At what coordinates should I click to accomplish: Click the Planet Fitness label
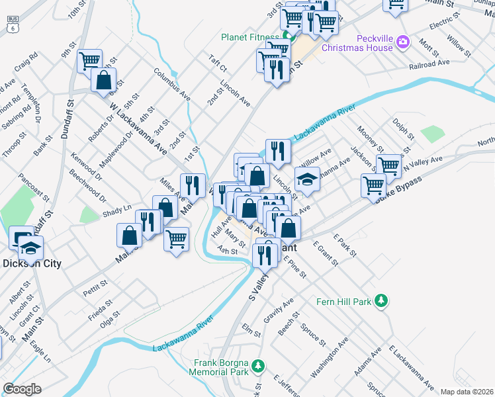249,36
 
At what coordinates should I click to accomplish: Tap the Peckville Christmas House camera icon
403,44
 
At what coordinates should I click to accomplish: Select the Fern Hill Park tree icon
381,302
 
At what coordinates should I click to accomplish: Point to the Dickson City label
32,263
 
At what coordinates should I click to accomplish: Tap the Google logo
22,389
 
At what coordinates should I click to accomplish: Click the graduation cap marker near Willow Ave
308,179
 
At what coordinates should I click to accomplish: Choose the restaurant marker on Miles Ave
193,185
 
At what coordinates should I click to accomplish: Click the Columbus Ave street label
172,84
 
